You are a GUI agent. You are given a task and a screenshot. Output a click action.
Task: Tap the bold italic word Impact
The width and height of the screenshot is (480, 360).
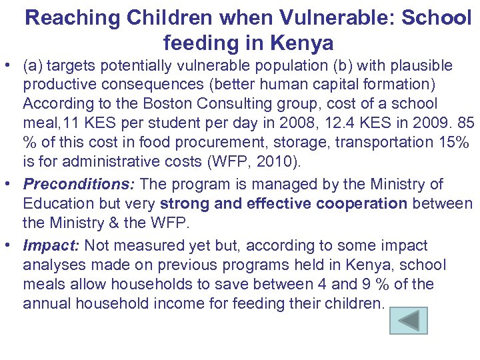[52, 246]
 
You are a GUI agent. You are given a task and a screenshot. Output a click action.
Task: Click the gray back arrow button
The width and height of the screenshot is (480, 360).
[409, 321]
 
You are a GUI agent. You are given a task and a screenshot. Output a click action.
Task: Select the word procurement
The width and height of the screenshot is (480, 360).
[191, 142]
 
